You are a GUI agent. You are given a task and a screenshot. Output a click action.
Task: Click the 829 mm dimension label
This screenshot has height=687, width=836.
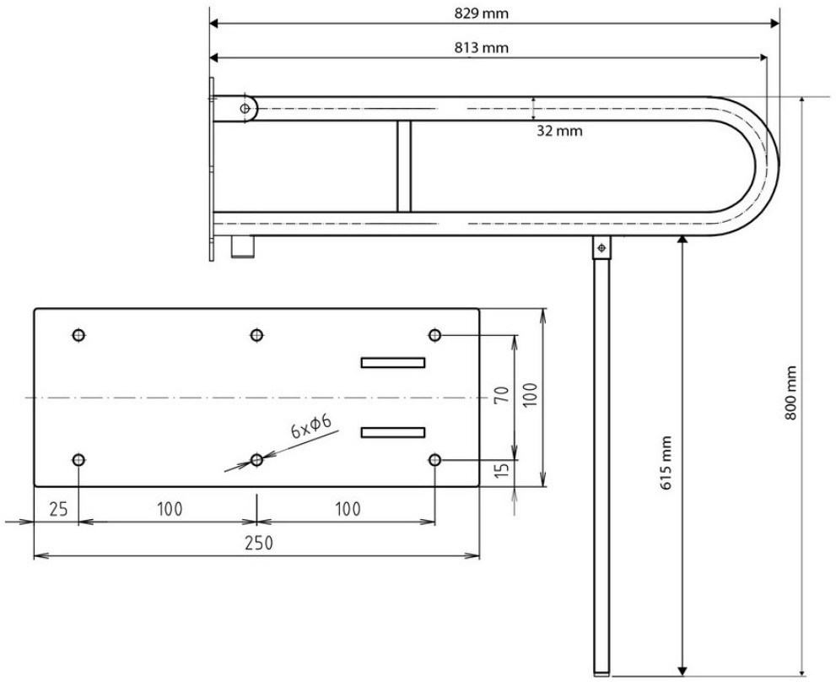tap(482, 14)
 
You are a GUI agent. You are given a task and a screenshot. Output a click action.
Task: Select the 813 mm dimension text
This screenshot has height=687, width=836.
tap(482, 48)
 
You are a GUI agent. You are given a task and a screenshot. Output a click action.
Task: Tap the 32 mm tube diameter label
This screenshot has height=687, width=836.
tap(559, 131)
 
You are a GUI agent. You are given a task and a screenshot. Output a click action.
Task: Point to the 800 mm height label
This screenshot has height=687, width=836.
tap(790, 392)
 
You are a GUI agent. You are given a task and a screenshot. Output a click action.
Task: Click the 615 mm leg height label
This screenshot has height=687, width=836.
tap(666, 463)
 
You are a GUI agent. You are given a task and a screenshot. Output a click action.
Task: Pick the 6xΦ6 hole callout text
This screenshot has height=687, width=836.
tap(311, 425)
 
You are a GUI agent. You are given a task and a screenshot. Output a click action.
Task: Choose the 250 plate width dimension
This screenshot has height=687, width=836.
tap(259, 543)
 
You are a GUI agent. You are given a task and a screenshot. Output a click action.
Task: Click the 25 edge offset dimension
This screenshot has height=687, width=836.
tap(58, 510)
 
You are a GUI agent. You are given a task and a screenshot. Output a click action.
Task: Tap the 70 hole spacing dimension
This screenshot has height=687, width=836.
tap(502, 395)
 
